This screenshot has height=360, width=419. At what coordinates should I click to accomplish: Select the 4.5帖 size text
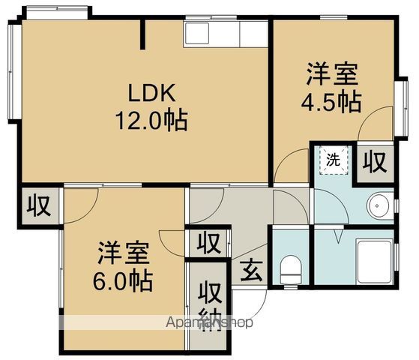coord(331,101)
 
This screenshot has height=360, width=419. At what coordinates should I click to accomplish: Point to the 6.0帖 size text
coord(124,281)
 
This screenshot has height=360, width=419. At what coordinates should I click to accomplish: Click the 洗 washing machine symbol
coord(332,159)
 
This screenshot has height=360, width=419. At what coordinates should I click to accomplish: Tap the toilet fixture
coord(290,268)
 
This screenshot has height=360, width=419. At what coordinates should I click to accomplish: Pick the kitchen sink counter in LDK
coord(225,34)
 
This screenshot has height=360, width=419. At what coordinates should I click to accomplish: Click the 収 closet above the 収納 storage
coord(209,244)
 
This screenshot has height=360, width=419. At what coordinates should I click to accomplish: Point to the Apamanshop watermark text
coord(210,322)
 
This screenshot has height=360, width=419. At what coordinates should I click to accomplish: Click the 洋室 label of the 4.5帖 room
coord(331,76)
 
